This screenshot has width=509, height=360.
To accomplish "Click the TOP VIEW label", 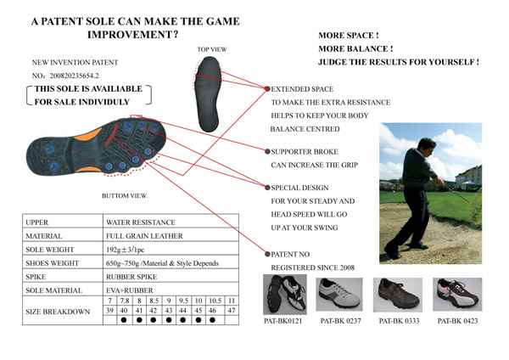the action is click(211, 49).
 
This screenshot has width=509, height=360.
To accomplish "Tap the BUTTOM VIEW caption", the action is click(124, 195).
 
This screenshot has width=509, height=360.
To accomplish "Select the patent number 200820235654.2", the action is click(74, 76).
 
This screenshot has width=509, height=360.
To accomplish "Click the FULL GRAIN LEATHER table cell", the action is click(144, 236).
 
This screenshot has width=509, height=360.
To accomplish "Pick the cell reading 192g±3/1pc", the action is click(125, 250).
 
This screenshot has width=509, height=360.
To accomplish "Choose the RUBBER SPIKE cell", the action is click(131, 277).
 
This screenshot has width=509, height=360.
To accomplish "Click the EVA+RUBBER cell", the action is click(130, 290).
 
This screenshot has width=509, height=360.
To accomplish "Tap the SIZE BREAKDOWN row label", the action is click(58, 312).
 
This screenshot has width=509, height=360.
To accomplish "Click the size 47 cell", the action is click(232, 310).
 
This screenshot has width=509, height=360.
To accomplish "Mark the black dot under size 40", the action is click(124, 320).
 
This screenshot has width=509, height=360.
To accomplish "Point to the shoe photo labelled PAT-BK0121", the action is click(285, 295).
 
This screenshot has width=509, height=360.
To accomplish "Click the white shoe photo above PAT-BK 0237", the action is click(338, 294).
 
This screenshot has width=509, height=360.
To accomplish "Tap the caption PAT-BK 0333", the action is click(399, 321).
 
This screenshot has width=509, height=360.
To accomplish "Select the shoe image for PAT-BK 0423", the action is click(457, 295).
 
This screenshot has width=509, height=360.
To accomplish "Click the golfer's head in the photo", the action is click(426, 146).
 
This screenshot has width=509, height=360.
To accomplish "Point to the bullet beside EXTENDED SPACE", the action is click(267, 88).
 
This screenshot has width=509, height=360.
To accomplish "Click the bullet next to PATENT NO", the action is click(267, 254).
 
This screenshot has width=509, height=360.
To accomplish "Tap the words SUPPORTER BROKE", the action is click(305, 152).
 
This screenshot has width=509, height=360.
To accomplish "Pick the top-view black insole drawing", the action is click(208, 94).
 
